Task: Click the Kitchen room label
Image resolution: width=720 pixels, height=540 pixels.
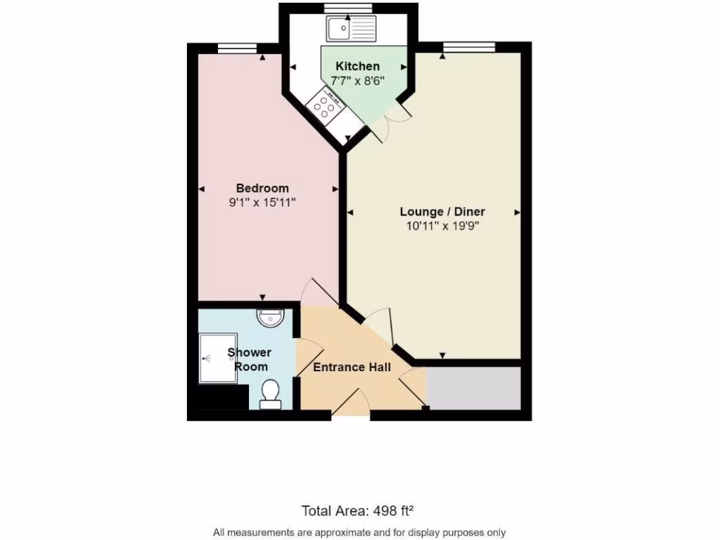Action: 357,67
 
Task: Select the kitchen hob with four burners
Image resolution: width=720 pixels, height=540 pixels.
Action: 325,105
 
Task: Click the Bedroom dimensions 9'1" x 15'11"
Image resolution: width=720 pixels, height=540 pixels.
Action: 262,202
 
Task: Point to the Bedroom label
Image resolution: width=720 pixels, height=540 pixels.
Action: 262,188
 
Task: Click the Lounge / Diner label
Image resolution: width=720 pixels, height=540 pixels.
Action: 442,212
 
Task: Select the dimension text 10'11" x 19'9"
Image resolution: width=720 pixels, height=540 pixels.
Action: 442,226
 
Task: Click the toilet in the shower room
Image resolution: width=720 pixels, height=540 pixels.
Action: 271,394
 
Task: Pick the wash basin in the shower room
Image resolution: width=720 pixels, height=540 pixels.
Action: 271,319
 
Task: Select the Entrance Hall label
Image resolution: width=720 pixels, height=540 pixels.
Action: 352,367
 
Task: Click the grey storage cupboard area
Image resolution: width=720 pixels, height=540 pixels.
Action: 473,387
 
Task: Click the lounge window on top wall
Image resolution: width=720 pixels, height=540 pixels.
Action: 468,47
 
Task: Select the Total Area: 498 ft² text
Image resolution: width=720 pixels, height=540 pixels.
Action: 361,510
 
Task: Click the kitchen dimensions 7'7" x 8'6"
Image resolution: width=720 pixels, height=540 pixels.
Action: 357,81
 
